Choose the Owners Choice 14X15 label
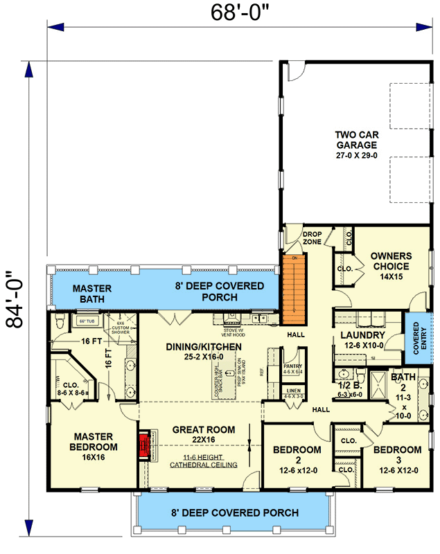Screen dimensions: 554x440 pos(390,266)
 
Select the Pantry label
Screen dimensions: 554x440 pos(293,367)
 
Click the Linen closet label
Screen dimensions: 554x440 pos(294,395)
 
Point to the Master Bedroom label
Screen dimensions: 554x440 pos(96,442)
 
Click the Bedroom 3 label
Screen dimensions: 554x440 pos(397,455)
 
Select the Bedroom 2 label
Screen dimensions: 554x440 pos(297,455)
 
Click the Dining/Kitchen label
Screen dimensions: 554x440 pos(204,351)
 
